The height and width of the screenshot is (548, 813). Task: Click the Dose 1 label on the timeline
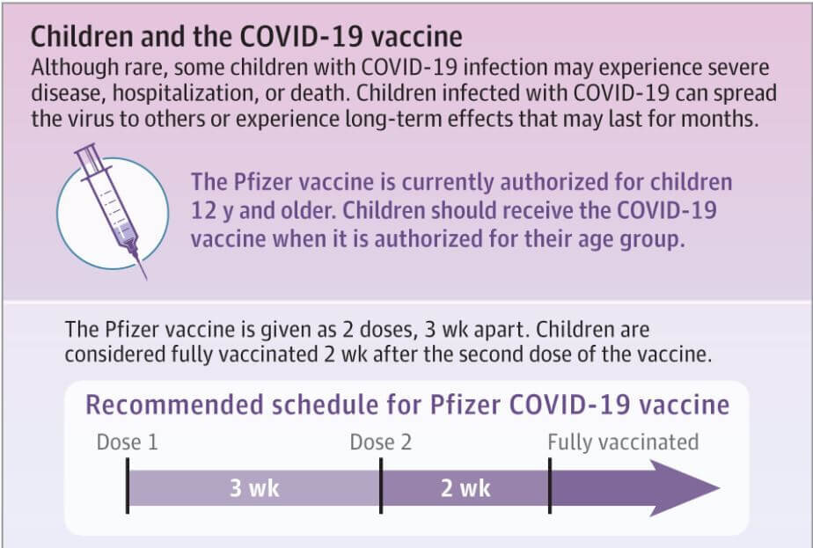[127, 442]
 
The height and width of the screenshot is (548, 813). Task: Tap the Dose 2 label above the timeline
[381, 442]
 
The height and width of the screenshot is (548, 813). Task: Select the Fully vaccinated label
[623, 442]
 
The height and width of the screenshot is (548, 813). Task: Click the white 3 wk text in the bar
[254, 488]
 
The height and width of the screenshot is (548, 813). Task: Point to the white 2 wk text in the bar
[465, 488]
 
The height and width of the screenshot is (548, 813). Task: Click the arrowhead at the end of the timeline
[685, 488]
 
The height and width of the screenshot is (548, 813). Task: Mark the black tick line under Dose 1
[128, 486]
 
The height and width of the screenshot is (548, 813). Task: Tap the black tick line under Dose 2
[381, 486]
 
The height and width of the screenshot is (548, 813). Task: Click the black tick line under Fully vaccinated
[550, 486]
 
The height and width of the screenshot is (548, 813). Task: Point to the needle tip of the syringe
[146, 279]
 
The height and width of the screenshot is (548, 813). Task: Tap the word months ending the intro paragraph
[721, 119]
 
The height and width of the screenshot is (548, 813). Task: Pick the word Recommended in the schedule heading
[175, 405]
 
